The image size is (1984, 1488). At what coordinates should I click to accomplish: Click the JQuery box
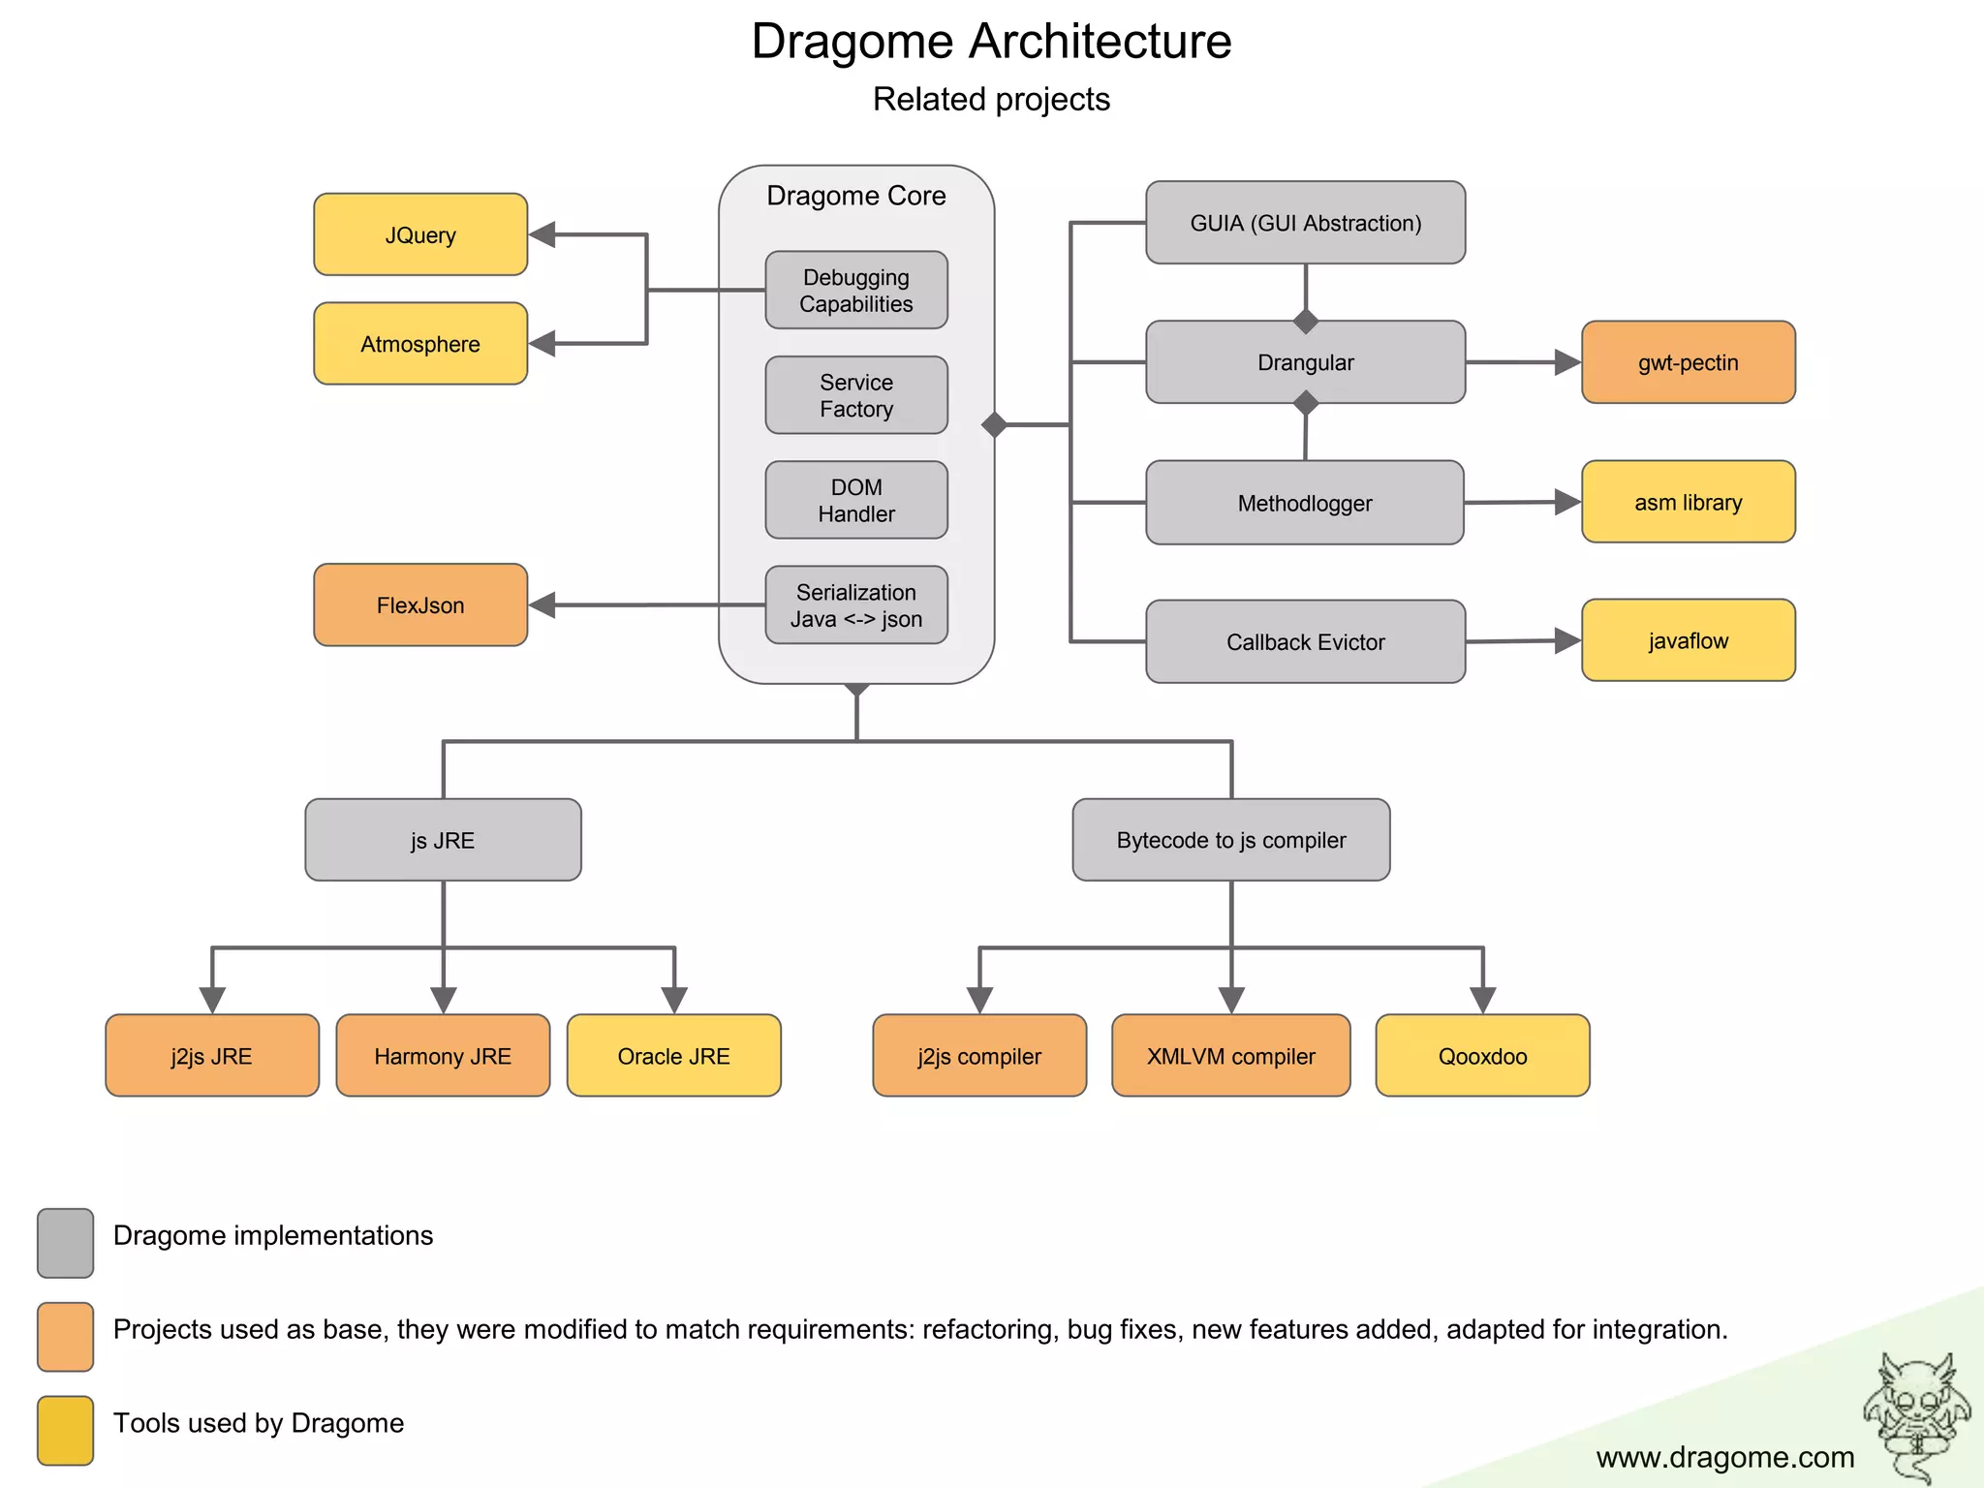[420, 234]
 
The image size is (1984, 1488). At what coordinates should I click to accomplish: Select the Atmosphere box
[420, 344]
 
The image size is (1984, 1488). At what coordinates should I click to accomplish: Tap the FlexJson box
[420, 605]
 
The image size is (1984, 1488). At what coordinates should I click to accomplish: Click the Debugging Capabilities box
[856, 291]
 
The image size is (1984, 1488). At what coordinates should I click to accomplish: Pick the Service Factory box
[856, 395]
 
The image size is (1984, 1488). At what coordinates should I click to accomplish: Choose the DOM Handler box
[856, 500]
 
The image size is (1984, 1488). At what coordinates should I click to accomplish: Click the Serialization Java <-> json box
[856, 605]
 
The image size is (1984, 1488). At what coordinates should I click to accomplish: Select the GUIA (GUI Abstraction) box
[1305, 223]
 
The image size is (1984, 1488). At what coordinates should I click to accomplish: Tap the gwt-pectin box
[1688, 362]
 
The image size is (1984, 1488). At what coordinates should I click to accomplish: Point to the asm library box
[1688, 502]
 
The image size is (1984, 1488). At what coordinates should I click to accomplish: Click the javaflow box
[1688, 640]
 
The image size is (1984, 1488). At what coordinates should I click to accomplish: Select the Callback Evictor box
[1305, 641]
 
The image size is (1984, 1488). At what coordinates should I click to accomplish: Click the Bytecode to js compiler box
[1230, 840]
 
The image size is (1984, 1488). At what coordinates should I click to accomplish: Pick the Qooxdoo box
[1482, 1056]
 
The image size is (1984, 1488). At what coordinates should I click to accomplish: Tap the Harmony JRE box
[443, 1056]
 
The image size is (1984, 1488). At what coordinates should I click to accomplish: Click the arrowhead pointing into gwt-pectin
[1566, 362]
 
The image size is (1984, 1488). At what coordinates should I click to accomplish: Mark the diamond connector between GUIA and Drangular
[1306, 321]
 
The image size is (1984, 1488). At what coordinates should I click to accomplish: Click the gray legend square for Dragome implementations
[66, 1243]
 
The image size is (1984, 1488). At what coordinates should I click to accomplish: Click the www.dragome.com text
[1724, 1457]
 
